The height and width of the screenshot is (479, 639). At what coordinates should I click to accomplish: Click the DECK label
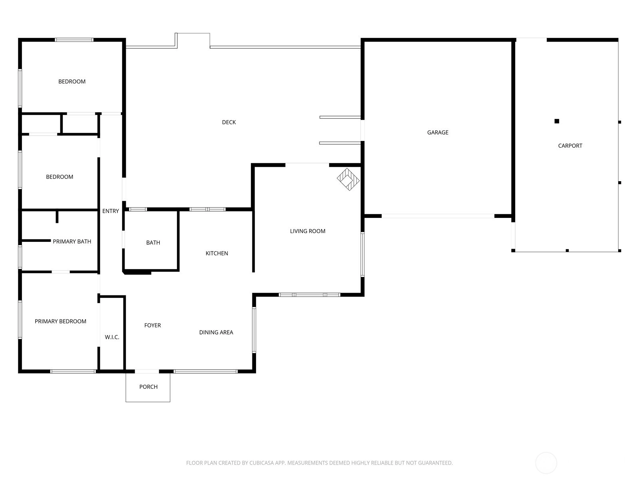click(x=229, y=123)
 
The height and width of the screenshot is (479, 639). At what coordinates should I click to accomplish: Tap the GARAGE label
click(x=438, y=133)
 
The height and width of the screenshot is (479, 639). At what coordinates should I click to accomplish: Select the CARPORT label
click(x=570, y=146)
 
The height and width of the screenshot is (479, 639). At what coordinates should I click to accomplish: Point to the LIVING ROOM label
click(x=308, y=231)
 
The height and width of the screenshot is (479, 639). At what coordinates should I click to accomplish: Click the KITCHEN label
click(x=216, y=253)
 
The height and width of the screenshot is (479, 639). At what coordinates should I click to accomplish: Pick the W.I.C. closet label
click(x=112, y=337)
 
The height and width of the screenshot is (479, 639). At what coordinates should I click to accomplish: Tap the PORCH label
click(x=148, y=387)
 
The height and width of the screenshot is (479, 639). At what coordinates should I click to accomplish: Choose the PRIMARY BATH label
click(x=72, y=241)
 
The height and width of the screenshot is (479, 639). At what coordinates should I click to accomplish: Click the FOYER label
click(x=153, y=325)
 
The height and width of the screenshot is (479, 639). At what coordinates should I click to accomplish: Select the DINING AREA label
click(x=216, y=333)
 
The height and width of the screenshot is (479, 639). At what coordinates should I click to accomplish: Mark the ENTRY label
click(x=111, y=211)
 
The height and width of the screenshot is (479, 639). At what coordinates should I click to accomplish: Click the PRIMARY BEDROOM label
click(x=60, y=321)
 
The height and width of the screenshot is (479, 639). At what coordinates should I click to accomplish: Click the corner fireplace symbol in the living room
click(x=348, y=180)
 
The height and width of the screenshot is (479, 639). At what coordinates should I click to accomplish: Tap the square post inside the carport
click(x=557, y=121)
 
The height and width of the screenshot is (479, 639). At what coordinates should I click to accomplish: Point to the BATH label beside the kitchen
click(x=153, y=243)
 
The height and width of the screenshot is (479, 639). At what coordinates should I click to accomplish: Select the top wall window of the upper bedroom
click(x=74, y=40)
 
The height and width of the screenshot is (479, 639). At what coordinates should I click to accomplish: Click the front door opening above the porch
click(x=147, y=371)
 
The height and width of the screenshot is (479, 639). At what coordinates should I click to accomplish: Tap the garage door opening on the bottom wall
click(x=438, y=216)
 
